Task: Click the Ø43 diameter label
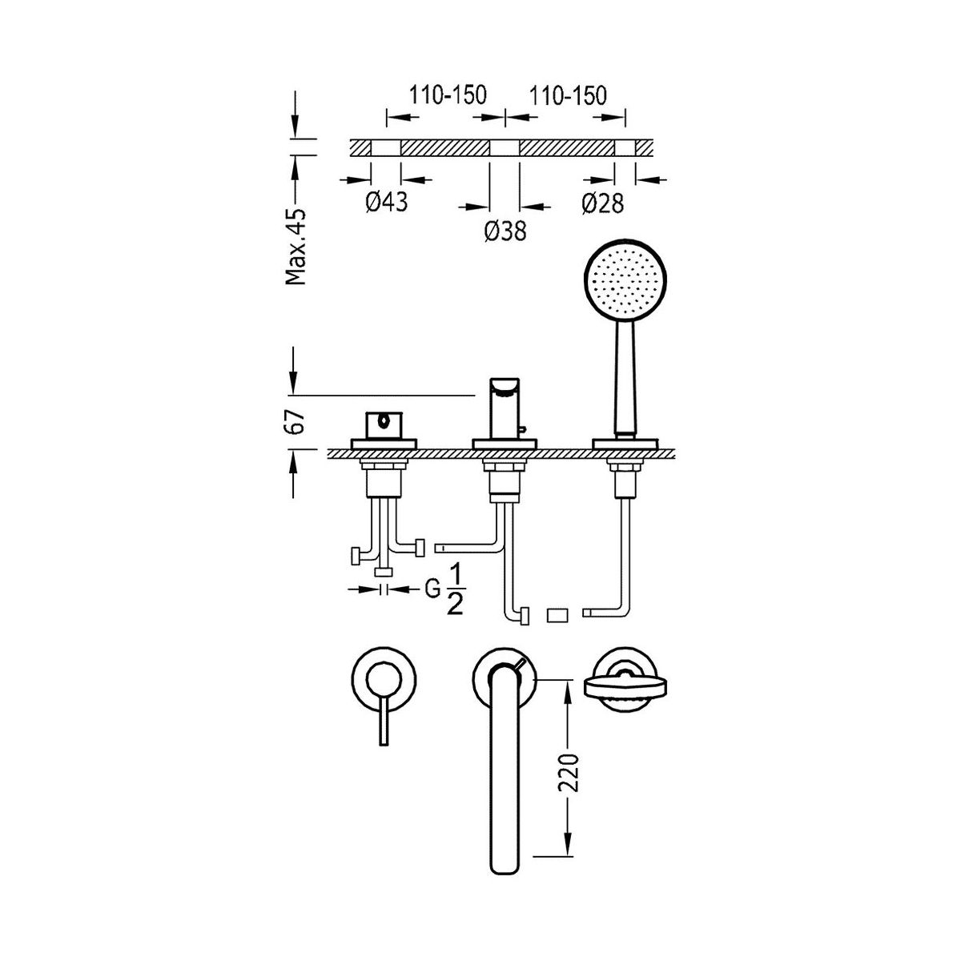(x=387, y=203)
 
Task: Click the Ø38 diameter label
(x=505, y=231)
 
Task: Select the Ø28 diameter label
(x=602, y=203)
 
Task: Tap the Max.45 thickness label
(x=296, y=246)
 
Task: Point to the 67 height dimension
(x=296, y=422)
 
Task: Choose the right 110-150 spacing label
(x=567, y=96)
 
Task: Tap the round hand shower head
(x=625, y=279)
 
